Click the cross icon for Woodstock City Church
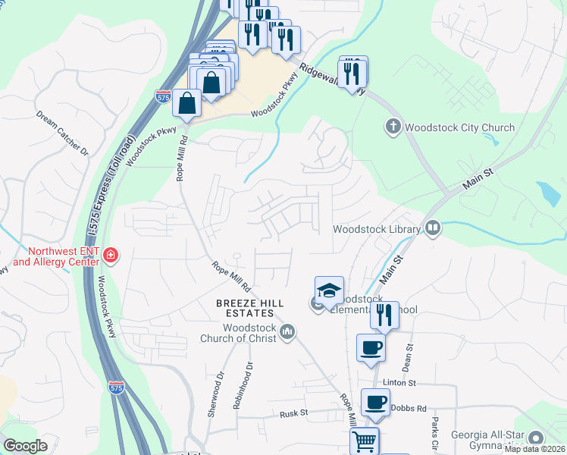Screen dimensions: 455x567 pyautogui.click(x=393, y=127)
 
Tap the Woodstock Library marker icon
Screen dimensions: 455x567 pyautogui.click(x=433, y=227)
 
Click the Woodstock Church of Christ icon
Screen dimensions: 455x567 pyautogui.click(x=287, y=331)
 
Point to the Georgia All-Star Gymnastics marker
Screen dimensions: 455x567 pyautogui.click(x=537, y=438)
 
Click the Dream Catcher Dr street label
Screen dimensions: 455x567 pyautogui.click(x=62, y=133)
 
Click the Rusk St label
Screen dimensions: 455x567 pyautogui.click(x=293, y=413)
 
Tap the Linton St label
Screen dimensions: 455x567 pyautogui.click(x=400, y=384)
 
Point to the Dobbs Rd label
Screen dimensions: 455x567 pyautogui.click(x=409, y=407)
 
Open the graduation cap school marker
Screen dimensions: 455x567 pyautogui.click(x=329, y=290)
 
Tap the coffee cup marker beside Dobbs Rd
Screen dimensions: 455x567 pyautogui.click(x=374, y=402)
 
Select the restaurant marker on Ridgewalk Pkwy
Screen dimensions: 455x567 pyautogui.click(x=352, y=72)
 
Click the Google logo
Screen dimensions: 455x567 pyautogui.click(x=25, y=447)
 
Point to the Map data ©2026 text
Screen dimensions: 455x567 pyautogui.click(x=534, y=449)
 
